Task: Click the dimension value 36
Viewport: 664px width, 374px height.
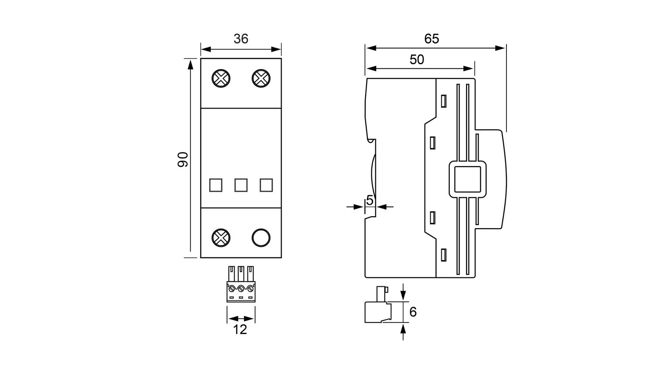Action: click(241, 39)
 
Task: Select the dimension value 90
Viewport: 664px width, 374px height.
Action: click(183, 159)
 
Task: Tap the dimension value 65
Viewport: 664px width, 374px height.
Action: click(431, 39)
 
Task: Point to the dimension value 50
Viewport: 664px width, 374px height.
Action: click(417, 60)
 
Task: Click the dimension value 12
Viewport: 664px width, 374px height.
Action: click(240, 329)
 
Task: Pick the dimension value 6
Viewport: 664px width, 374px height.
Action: click(413, 312)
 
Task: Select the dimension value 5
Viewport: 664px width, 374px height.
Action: click(370, 200)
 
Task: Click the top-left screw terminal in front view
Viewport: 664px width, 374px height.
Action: click(221, 78)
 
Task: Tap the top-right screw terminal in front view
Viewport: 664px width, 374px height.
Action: click(261, 78)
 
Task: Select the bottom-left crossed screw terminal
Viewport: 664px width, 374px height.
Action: click(221, 238)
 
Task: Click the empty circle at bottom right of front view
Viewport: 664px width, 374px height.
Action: click(261, 238)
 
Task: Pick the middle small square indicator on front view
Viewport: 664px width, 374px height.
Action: click(241, 185)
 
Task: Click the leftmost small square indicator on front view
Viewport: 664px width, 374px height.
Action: click(216, 185)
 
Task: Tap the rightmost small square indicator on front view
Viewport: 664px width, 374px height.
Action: click(266, 185)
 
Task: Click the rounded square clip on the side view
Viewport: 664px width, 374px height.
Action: click(467, 179)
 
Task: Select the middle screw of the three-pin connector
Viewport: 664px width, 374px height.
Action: click(241, 289)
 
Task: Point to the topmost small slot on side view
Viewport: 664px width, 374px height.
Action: click(443, 101)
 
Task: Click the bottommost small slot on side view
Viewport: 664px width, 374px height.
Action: click(443, 255)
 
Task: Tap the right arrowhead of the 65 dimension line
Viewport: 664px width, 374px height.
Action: click(502, 48)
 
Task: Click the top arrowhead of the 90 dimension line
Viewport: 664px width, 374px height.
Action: click(190, 64)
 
